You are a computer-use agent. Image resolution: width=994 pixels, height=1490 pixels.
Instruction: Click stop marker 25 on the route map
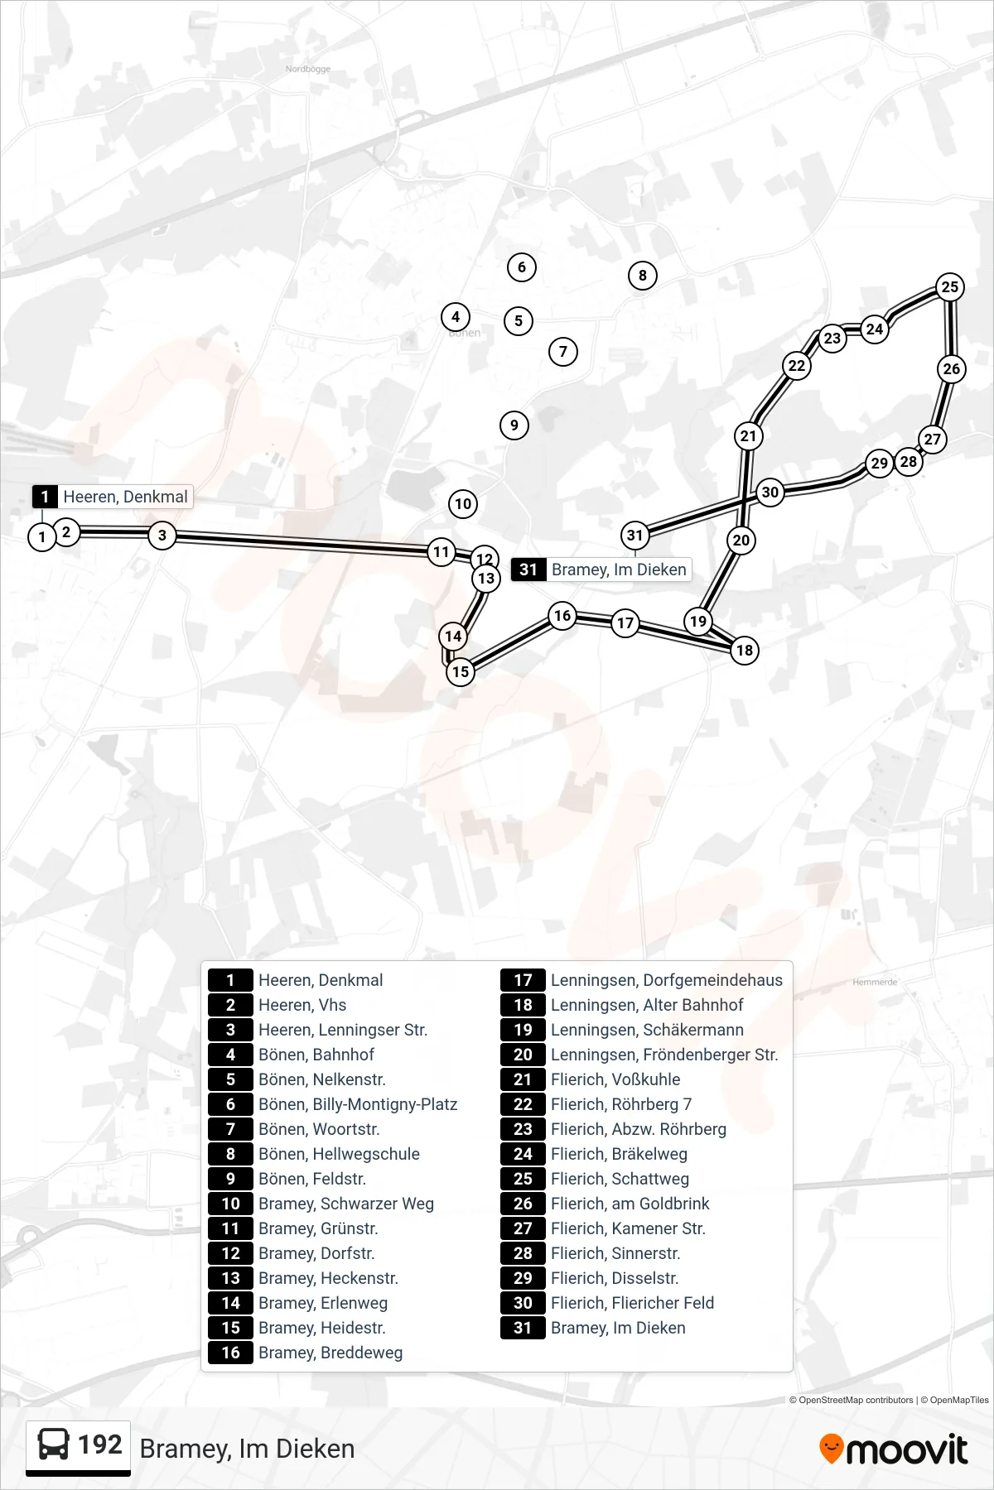pyautogui.click(x=950, y=286)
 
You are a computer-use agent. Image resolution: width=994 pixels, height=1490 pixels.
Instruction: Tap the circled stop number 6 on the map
pyautogui.click(x=522, y=267)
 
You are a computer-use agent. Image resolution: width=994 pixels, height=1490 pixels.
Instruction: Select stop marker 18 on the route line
pyautogui.click(x=745, y=650)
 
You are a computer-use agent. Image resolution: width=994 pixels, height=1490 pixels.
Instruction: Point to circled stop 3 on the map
pyautogui.click(x=162, y=535)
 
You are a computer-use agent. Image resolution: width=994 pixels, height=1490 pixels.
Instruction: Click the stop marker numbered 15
pyautogui.click(x=461, y=671)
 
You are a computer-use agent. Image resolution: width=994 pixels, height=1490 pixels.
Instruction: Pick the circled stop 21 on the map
pyautogui.click(x=749, y=435)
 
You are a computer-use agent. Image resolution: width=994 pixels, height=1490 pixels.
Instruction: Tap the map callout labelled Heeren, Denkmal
pyautogui.click(x=112, y=497)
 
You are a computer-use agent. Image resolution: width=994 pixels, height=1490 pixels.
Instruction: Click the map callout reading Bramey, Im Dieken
pyautogui.click(x=601, y=570)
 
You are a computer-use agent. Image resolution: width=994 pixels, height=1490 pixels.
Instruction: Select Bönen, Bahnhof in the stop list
pyautogui.click(x=316, y=1055)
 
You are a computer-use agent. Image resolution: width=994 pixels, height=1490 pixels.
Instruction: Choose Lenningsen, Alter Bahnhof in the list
pyautogui.click(x=647, y=1005)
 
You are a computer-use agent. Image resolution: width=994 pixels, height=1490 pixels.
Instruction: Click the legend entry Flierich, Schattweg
pyautogui.click(x=620, y=1179)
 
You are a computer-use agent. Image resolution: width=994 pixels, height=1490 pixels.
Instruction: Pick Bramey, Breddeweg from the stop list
pyautogui.click(x=331, y=1353)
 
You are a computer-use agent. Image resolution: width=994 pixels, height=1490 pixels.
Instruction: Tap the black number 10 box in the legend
pyautogui.click(x=230, y=1204)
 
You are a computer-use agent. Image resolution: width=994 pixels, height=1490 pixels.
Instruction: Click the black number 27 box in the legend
pyautogui.click(x=523, y=1228)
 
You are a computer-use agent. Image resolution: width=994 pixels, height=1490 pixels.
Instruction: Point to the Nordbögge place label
pyautogui.click(x=308, y=69)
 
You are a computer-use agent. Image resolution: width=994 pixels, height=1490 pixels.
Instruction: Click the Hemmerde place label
pyautogui.click(x=875, y=982)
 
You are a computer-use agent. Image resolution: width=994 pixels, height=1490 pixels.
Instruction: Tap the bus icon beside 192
pyautogui.click(x=54, y=1444)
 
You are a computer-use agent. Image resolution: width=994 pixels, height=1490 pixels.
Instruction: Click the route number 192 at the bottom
pyautogui.click(x=100, y=1444)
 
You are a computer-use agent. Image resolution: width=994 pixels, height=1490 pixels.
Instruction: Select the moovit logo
pyautogui.click(x=893, y=1449)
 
